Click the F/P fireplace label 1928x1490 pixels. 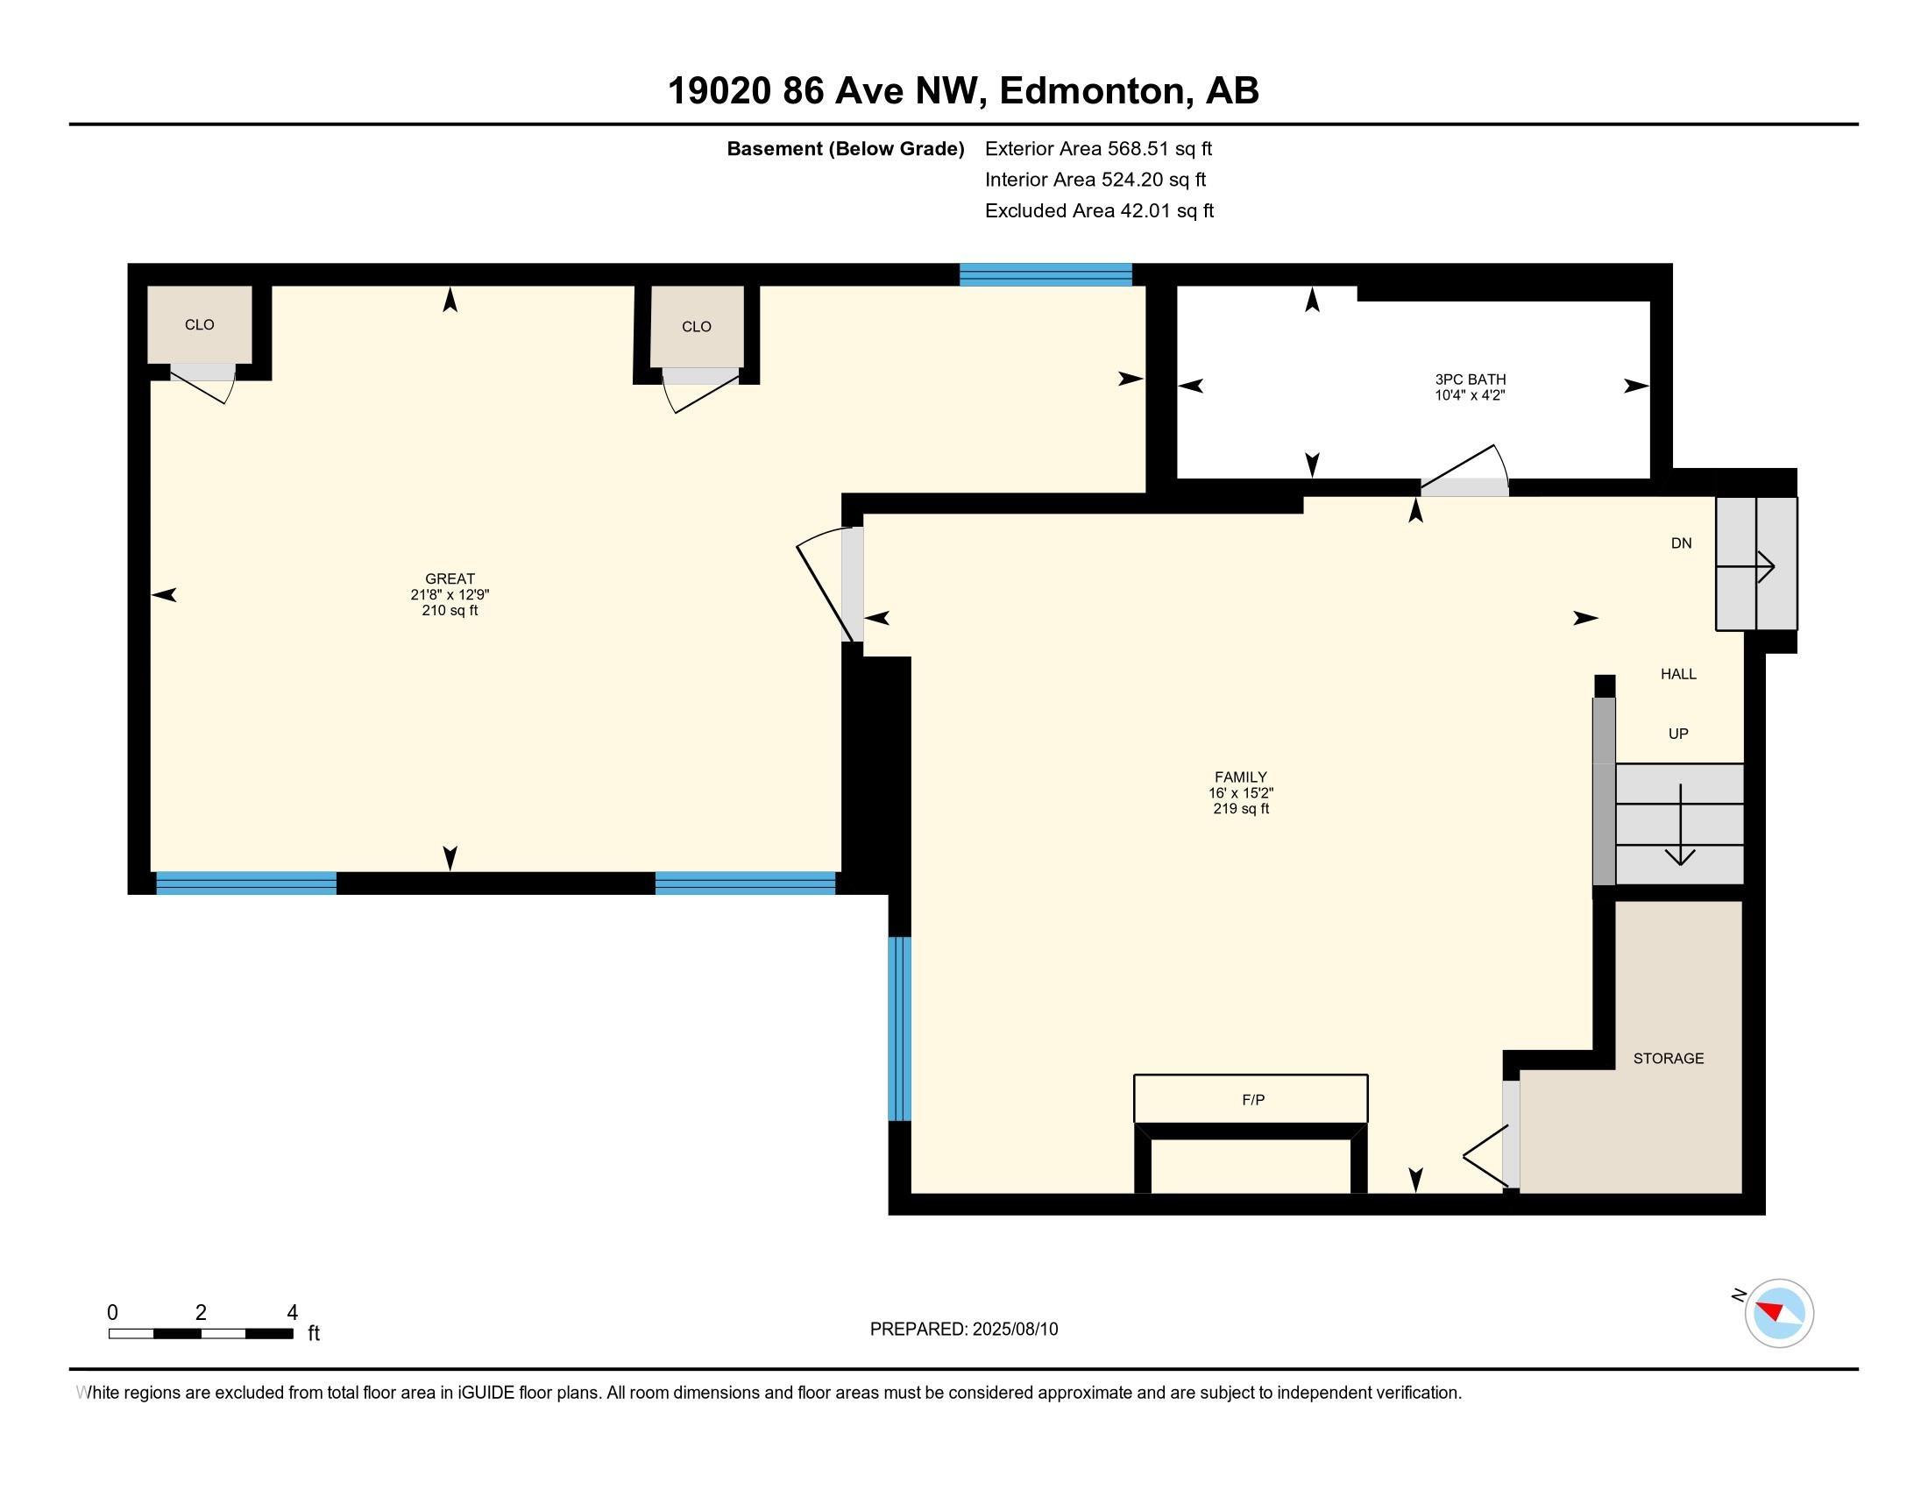coord(1252,1100)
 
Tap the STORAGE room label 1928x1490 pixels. coord(1668,1059)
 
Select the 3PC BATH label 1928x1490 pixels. coord(1470,380)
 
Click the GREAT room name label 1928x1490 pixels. coord(450,579)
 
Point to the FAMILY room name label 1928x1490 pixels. coord(1240,777)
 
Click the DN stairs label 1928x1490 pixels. coord(1681,543)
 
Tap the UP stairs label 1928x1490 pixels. coord(1678,734)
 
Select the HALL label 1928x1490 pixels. coord(1678,674)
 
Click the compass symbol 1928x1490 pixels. coord(1778,1313)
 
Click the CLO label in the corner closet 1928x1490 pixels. coord(200,325)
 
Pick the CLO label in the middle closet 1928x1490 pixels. coord(697,327)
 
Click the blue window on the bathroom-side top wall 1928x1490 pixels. coord(1046,274)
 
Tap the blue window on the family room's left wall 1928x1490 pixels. coord(898,1028)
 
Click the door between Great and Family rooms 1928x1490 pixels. coord(830,584)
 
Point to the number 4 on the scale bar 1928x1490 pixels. coord(292,1313)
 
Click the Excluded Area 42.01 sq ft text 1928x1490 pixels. coord(1099,211)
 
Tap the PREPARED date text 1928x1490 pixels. coord(964,1330)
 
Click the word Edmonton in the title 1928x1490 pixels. coord(1092,91)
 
